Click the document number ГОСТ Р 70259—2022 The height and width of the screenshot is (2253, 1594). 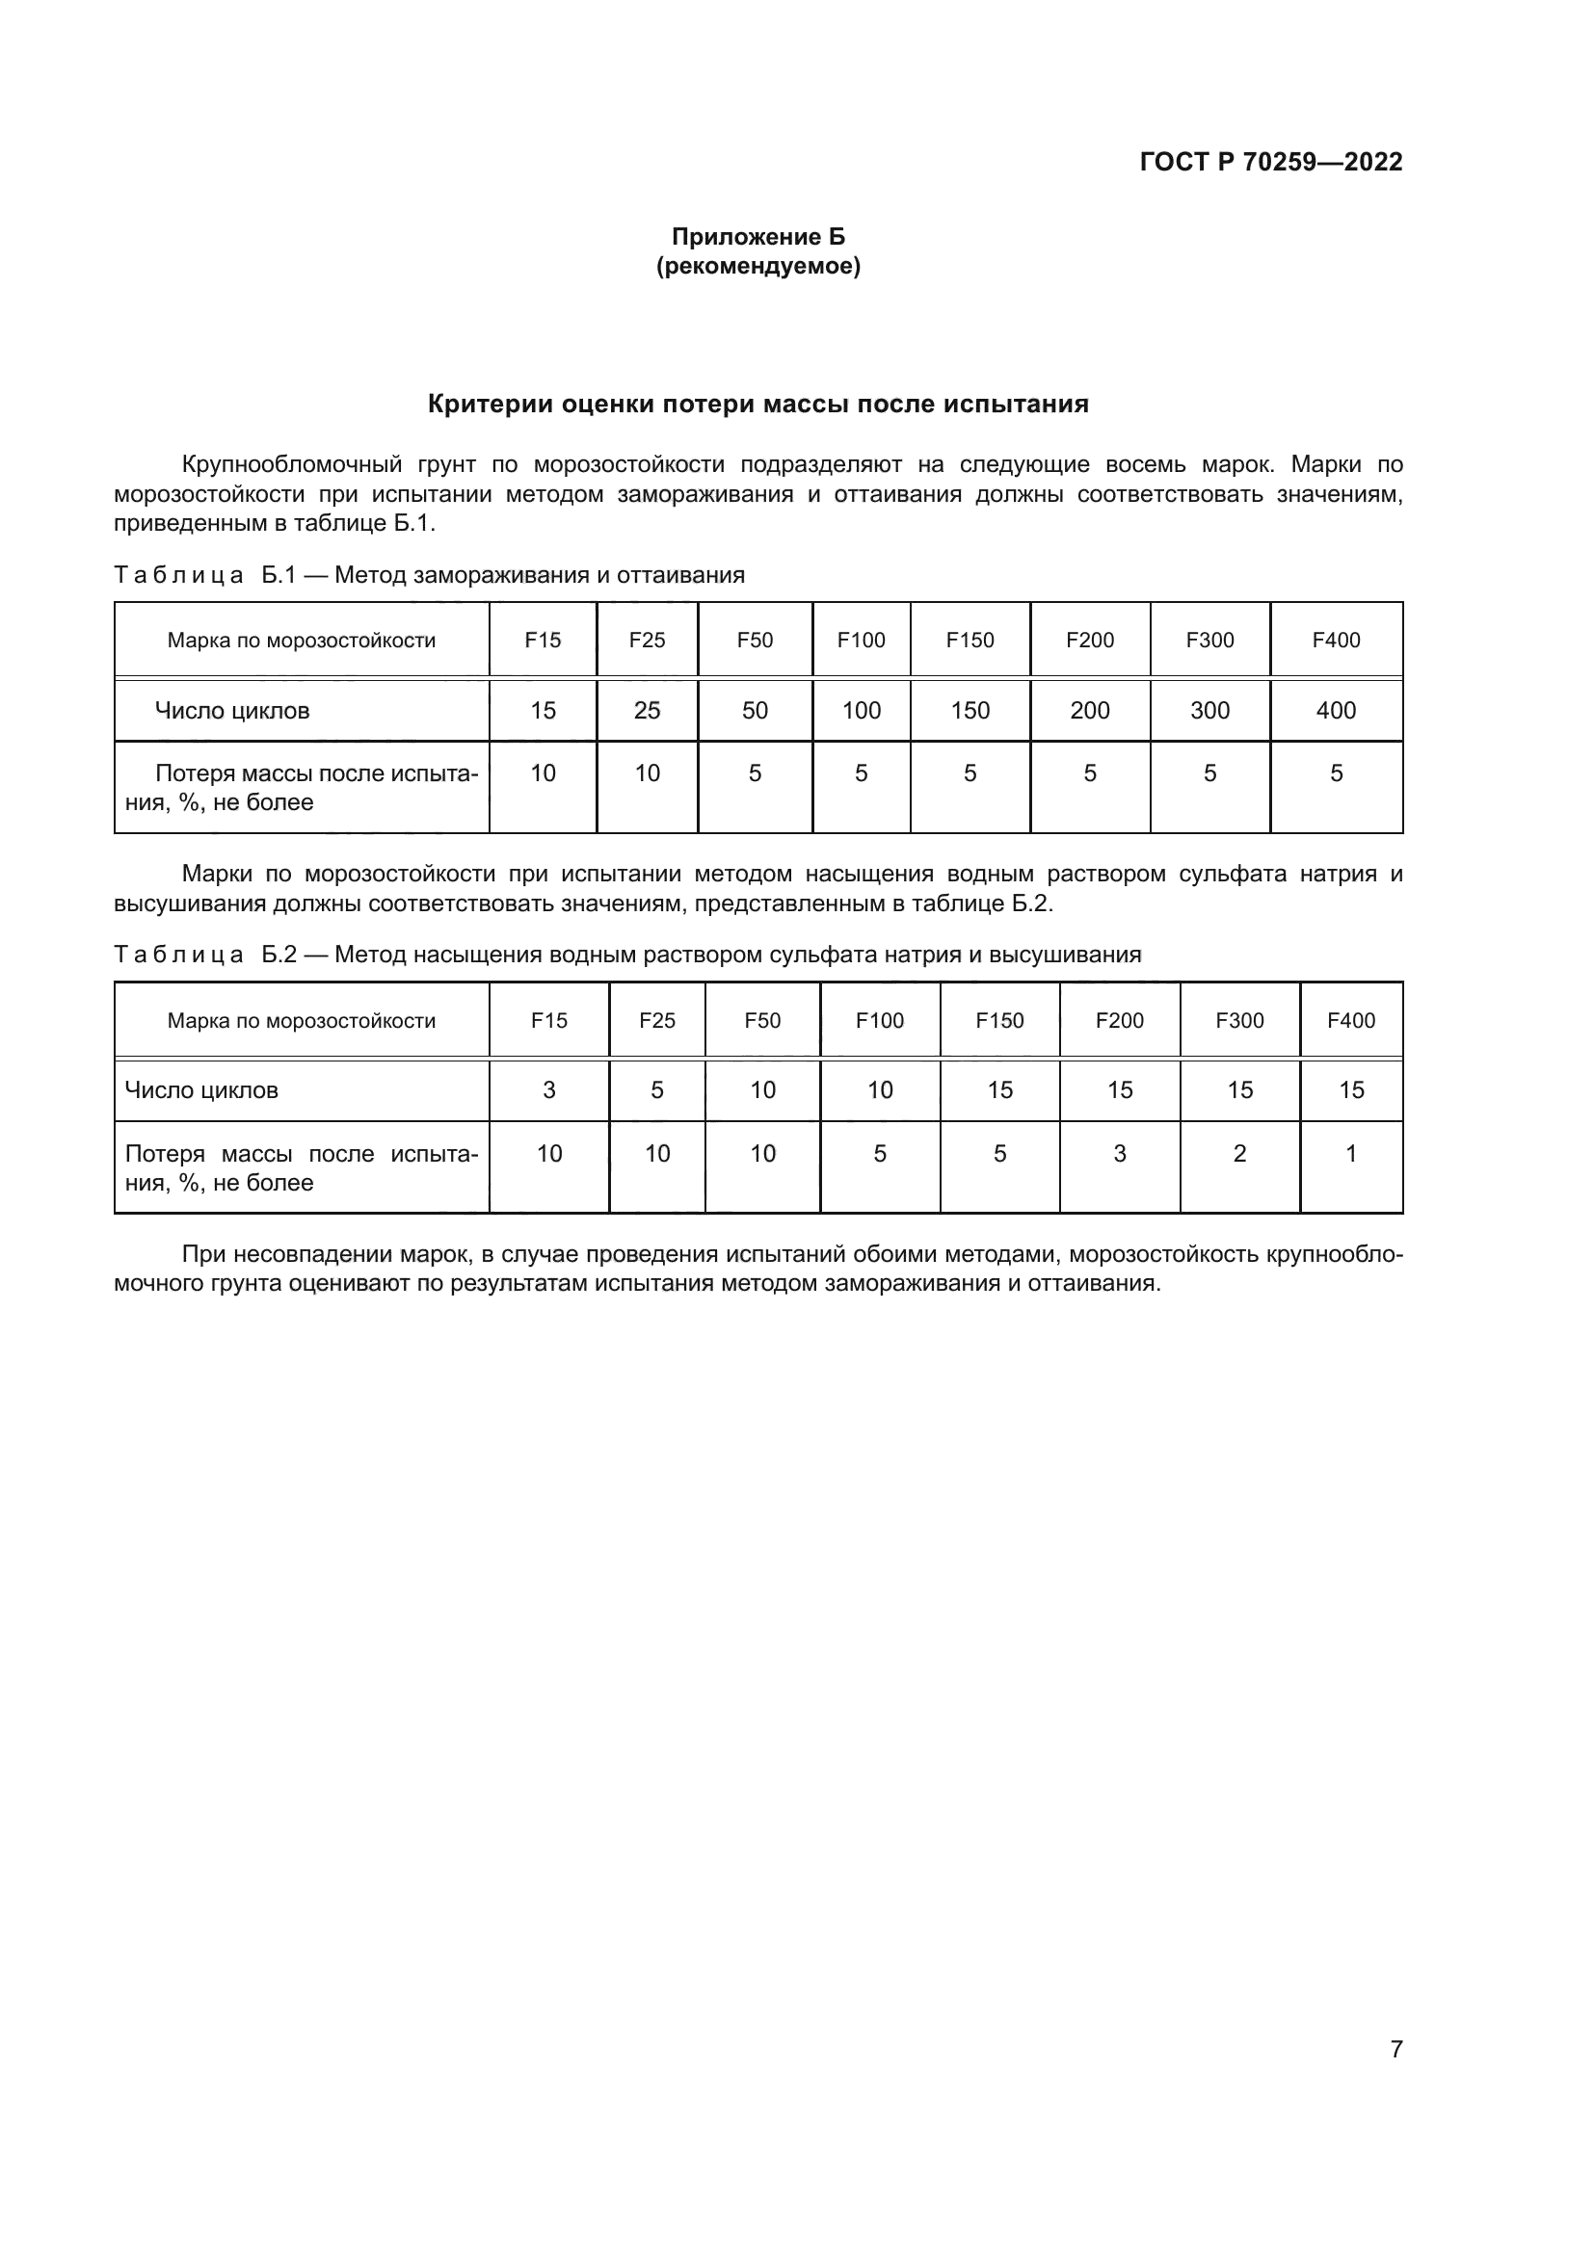[1271, 162]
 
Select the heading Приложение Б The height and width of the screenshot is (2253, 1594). [757, 237]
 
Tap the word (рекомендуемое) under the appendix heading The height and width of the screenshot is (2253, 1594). [757, 266]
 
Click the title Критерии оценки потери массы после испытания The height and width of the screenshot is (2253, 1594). [757, 405]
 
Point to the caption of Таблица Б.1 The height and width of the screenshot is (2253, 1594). [429, 575]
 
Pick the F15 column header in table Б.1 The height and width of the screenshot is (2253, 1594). [543, 641]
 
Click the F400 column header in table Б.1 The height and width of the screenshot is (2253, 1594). [1336, 641]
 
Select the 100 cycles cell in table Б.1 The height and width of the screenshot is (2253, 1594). [861, 711]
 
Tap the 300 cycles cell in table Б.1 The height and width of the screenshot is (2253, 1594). [1209, 711]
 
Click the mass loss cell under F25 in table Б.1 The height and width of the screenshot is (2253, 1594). [647, 773]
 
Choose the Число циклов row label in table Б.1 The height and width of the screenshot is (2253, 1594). [232, 711]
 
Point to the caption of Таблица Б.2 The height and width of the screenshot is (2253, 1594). [627, 955]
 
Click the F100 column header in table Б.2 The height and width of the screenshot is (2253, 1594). [880, 1020]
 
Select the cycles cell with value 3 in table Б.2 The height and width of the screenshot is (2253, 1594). [548, 1090]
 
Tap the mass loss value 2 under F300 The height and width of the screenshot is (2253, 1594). [1239, 1154]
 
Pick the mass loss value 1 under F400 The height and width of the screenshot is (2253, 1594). [1350, 1154]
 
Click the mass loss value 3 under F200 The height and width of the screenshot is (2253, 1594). [1119, 1154]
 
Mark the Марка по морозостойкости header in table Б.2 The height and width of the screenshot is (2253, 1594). [302, 1020]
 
